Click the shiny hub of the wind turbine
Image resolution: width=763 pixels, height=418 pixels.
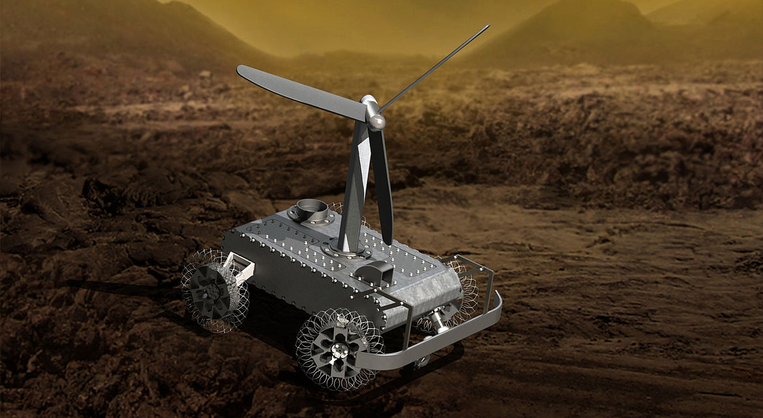pos(374,118)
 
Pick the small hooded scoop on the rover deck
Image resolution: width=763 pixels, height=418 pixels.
pos(376,272)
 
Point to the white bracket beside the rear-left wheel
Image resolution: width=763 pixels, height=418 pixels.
pos(241,268)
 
